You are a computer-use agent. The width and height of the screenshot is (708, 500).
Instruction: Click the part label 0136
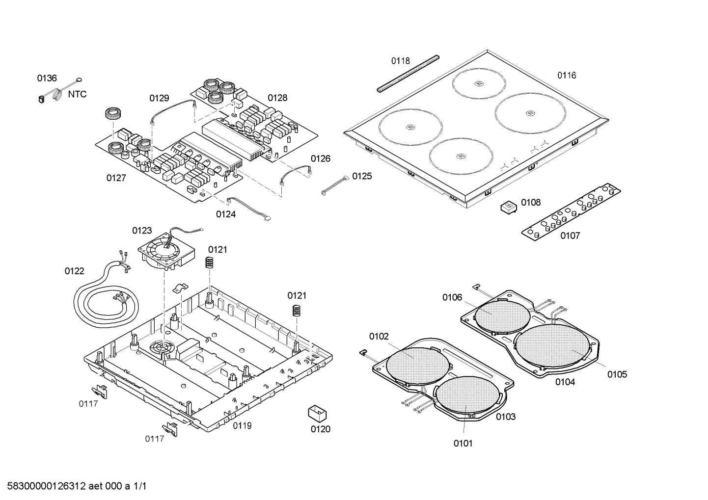tap(47, 78)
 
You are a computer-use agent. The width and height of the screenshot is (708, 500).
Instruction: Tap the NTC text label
tap(77, 94)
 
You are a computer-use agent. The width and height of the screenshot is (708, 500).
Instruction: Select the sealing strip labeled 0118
tap(407, 74)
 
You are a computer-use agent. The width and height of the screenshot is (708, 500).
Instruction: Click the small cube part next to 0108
tap(509, 207)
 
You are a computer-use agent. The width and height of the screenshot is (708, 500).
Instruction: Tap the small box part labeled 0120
tap(317, 413)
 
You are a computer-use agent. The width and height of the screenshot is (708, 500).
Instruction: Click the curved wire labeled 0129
tap(172, 110)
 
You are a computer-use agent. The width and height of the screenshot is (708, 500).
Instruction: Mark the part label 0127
tap(116, 178)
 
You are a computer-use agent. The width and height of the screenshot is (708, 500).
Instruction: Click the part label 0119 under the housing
tap(242, 425)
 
